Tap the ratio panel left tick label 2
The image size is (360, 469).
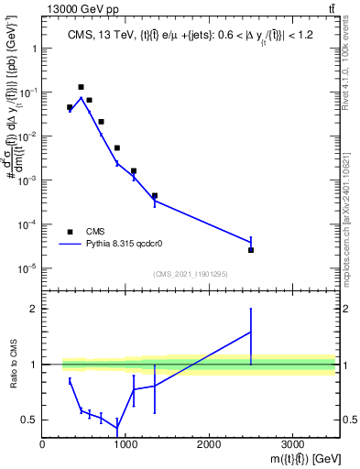click(x=33, y=309)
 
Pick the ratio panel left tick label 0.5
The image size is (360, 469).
click(x=29, y=420)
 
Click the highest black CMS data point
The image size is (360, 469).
click(x=81, y=87)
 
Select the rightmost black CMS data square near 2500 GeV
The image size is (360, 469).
click(x=251, y=250)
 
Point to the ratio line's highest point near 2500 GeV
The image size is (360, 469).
click(x=251, y=332)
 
